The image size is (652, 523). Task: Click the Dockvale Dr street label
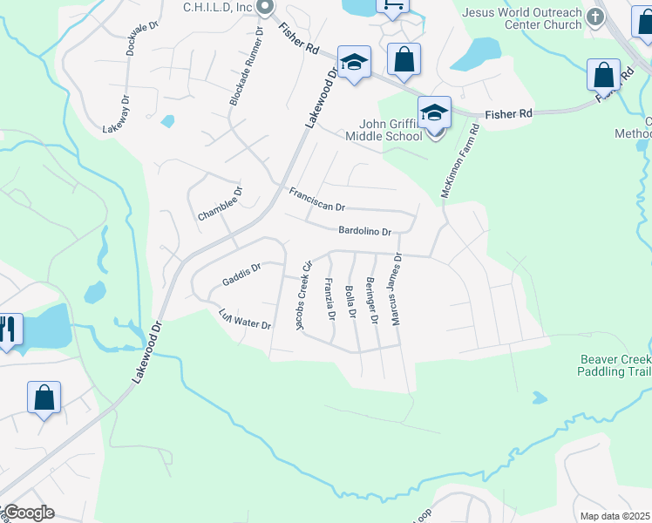142,38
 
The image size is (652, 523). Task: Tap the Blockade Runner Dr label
247,66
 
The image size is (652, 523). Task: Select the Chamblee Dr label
220,203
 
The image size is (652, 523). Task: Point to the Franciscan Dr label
317,200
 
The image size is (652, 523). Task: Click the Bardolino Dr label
365,231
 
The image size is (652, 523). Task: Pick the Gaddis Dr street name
241,275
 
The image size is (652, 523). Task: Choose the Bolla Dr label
352,302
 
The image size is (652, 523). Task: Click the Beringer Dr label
371,301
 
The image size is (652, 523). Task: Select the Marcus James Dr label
397,289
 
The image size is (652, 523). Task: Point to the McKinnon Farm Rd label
460,161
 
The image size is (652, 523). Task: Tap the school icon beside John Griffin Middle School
434,112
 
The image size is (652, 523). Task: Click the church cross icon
595,16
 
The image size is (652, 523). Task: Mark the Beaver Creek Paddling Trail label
615,365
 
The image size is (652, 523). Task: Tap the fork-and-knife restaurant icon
8,329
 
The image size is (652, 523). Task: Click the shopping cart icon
392,5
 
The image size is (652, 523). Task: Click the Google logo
28,513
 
